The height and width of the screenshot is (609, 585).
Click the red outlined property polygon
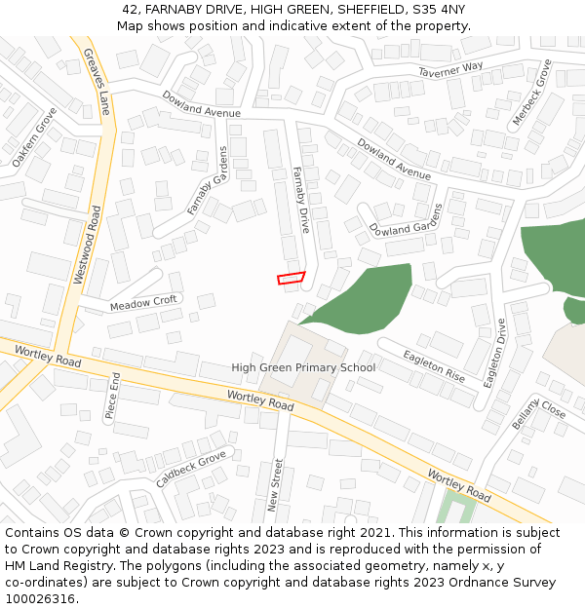click(291, 278)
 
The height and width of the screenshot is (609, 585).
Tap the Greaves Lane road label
click(96, 82)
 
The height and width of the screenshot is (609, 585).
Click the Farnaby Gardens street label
click(207, 181)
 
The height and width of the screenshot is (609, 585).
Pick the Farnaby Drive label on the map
click(301, 199)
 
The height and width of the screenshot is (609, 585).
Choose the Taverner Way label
click(450, 68)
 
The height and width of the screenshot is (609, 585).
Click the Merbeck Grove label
click(531, 93)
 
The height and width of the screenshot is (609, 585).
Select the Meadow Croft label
click(143, 303)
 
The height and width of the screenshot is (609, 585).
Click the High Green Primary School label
click(303, 367)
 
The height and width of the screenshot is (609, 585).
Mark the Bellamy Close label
click(538, 413)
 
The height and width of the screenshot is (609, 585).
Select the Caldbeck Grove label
click(190, 470)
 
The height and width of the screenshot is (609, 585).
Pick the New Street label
click(275, 484)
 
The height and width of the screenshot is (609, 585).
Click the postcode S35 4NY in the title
click(439, 10)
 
